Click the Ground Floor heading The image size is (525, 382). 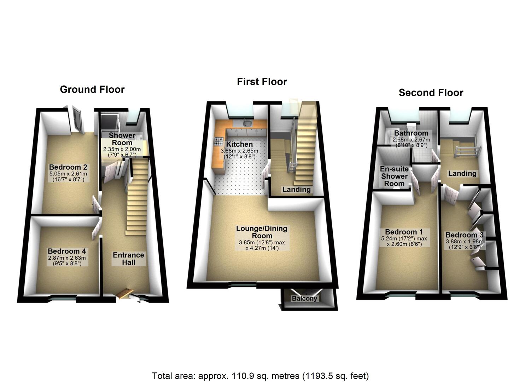pyautogui.click(x=92, y=89)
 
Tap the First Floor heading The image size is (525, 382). pyautogui.click(x=262, y=82)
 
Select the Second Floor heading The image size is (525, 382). pyautogui.click(x=431, y=93)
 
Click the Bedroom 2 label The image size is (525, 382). pyautogui.click(x=68, y=167)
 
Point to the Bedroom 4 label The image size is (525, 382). pyautogui.click(x=67, y=251)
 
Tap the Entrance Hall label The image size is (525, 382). pyautogui.click(x=128, y=259)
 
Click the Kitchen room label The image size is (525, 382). pyautogui.click(x=239, y=144)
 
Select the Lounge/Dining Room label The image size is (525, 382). pyautogui.click(x=262, y=232)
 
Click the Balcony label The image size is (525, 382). pyautogui.click(x=304, y=299)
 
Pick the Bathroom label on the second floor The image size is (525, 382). pyautogui.click(x=411, y=133)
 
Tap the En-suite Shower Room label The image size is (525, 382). pyautogui.click(x=394, y=176)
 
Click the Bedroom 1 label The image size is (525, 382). pyautogui.click(x=404, y=232)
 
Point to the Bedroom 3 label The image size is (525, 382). pyautogui.click(x=464, y=235)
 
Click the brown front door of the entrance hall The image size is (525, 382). pyautogui.click(x=124, y=293)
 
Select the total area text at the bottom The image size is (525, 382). pyautogui.click(x=261, y=375)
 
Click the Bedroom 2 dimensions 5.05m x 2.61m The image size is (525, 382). pyautogui.click(x=68, y=174)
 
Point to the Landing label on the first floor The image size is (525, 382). pyautogui.click(x=296, y=190)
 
